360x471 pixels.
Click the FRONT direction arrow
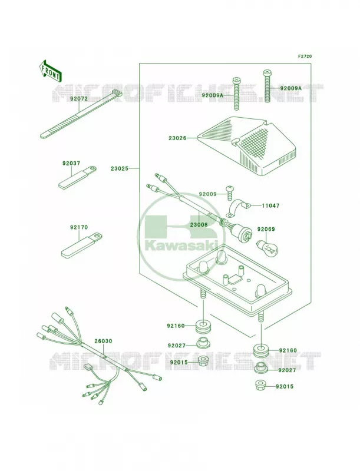pos(50,71)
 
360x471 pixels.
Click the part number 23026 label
pos(177,138)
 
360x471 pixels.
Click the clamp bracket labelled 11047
pos(239,208)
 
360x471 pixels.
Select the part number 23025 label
pos(119,168)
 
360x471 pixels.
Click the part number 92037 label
pos(71,164)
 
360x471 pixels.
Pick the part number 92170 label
pos(79,227)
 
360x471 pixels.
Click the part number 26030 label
pos(103,341)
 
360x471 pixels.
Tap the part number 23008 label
pos(199,224)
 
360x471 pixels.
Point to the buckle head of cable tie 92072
pos(117,93)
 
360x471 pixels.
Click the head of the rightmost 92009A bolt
pos(266,72)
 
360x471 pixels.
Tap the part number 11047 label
pos(270,205)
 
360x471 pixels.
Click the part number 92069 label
pos(266,229)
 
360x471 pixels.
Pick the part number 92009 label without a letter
pos(207,194)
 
